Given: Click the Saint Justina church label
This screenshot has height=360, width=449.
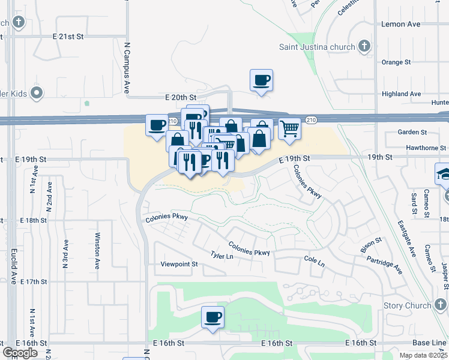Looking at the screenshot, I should pyautogui.click(x=318, y=47).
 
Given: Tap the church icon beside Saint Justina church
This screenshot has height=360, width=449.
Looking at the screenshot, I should pyautogui.click(x=364, y=46).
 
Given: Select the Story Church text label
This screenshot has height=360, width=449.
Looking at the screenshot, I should pyautogui.click(x=407, y=305).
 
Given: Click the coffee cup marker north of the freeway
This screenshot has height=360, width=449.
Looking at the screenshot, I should pyautogui.click(x=261, y=80).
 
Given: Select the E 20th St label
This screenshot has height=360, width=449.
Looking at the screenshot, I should pyautogui.click(x=181, y=97).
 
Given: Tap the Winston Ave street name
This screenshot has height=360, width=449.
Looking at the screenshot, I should pyautogui.click(x=97, y=251).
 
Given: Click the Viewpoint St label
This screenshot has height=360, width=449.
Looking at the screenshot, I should pyautogui.click(x=179, y=264).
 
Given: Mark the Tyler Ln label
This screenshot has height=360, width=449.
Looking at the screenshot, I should pyautogui.click(x=221, y=256).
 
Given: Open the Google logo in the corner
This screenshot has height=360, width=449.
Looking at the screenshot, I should pyautogui.click(x=20, y=352).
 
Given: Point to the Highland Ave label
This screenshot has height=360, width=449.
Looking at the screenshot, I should pyautogui.click(x=402, y=94).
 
